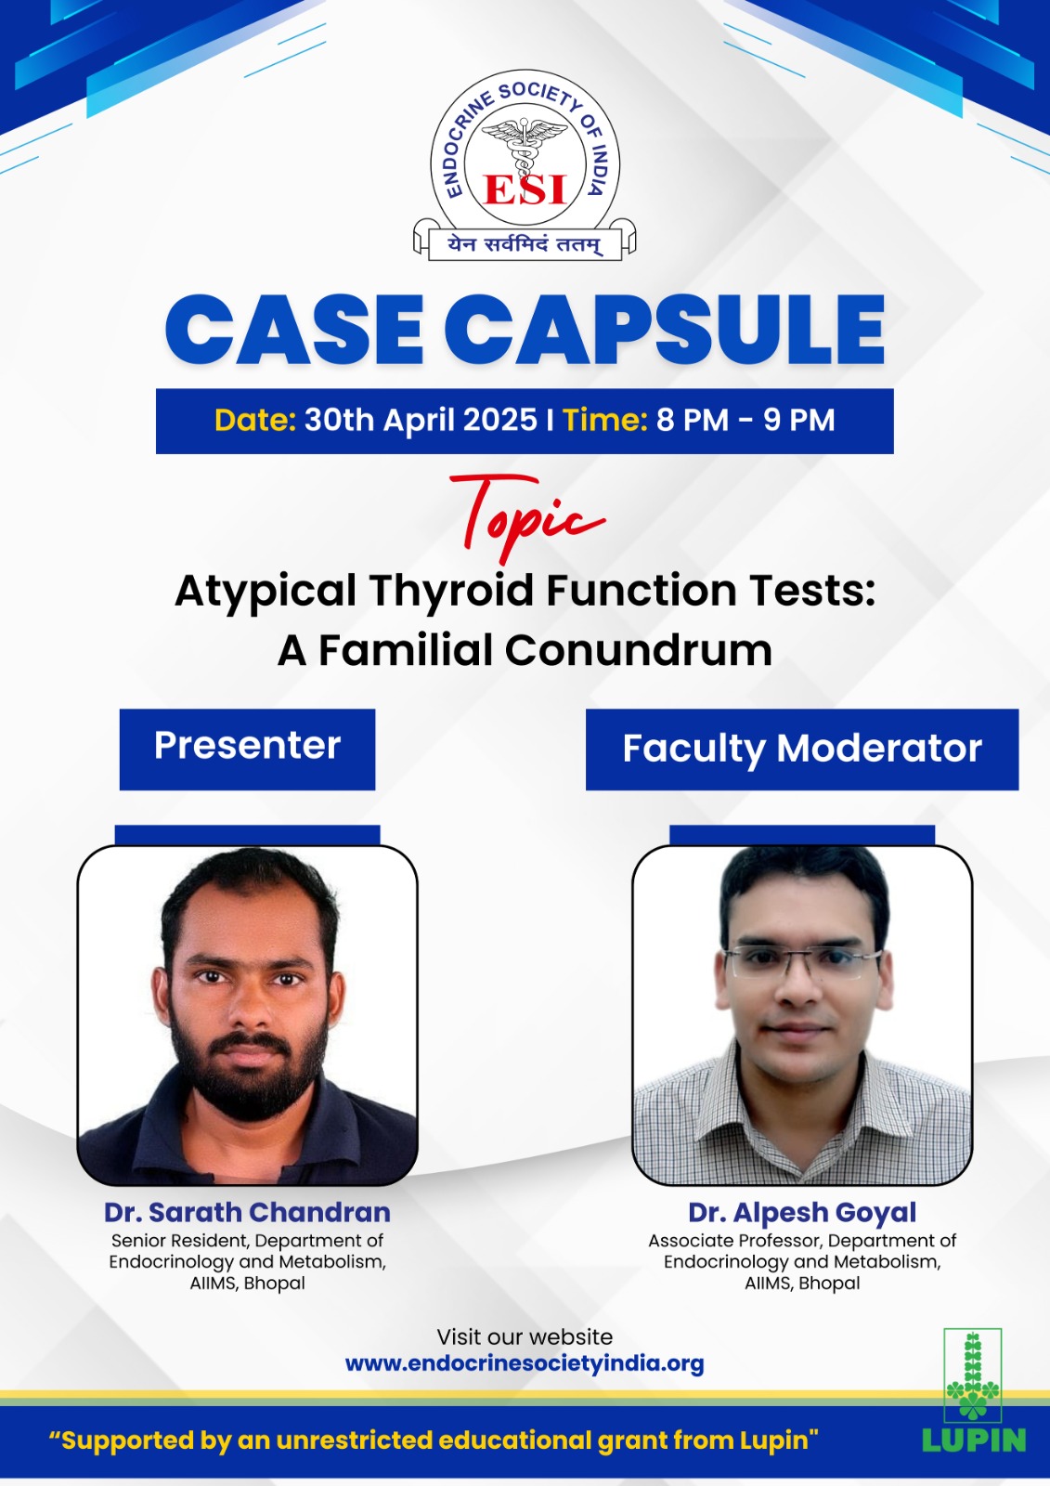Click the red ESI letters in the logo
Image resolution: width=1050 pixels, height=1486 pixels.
[525, 189]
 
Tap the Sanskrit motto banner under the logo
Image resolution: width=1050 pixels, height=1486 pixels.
[525, 244]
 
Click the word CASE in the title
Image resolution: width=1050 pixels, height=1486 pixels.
[294, 330]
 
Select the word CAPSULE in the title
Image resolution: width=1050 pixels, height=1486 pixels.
[665, 330]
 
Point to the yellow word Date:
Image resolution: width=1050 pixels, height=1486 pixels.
[255, 421]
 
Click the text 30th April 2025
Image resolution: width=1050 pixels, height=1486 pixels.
[421, 421]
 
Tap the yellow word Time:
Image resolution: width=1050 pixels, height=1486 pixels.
[605, 421]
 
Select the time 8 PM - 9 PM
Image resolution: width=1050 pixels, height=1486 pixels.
[745, 421]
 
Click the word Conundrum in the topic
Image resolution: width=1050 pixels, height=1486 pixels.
[639, 650]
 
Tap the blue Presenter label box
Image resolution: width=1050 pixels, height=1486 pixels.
[247, 750]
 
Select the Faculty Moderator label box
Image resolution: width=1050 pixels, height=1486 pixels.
[802, 750]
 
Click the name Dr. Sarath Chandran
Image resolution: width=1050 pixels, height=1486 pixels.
[247, 1213]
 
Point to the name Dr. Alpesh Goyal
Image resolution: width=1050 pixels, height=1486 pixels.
[802, 1213]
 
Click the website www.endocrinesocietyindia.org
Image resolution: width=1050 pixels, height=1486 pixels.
[525, 1364]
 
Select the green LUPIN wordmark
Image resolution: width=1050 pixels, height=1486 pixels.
[974, 1440]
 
